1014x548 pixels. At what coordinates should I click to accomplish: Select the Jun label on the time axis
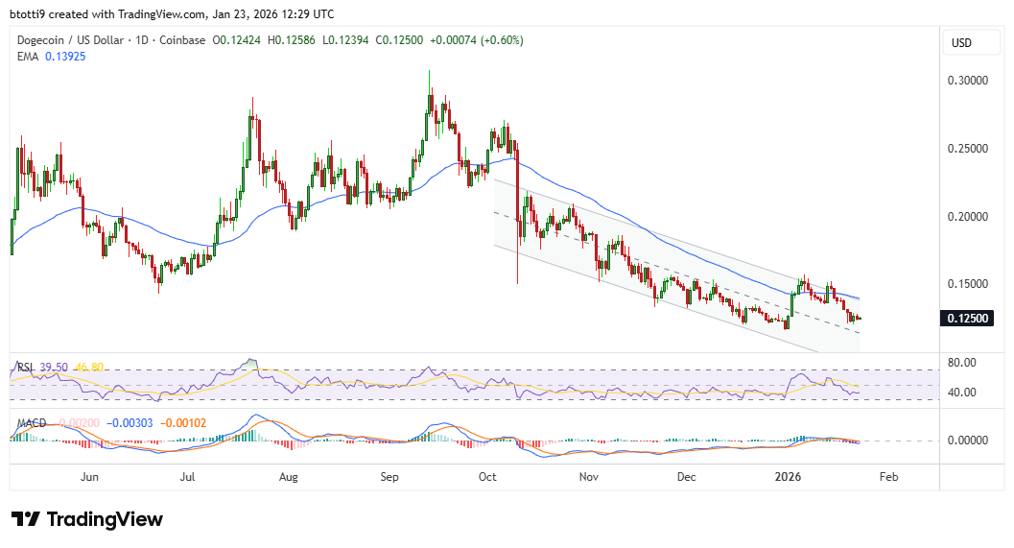tap(90, 476)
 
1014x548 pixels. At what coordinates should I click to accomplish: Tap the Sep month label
tap(389, 476)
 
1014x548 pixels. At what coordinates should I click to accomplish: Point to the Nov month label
tap(589, 476)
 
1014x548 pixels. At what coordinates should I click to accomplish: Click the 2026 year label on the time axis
tap(789, 476)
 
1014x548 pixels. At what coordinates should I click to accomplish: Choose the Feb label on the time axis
tap(889, 476)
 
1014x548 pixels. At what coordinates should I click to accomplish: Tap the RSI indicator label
tap(26, 367)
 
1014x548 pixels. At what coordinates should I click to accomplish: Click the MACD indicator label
tap(32, 421)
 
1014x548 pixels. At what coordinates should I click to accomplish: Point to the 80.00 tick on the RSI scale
tap(962, 362)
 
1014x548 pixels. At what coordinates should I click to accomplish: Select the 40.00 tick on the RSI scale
tap(962, 392)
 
